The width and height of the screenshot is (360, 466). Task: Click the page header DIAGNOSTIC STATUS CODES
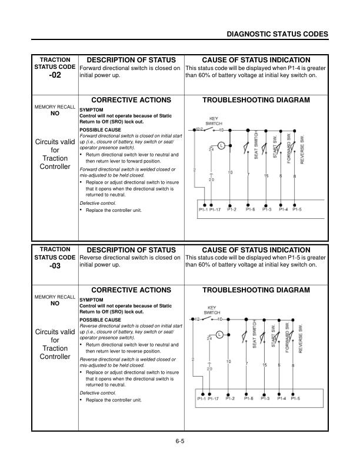[277, 35]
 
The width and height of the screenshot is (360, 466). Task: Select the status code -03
[55, 266]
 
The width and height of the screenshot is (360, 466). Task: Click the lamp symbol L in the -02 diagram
[221, 145]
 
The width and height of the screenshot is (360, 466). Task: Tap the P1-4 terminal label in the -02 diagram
[282, 209]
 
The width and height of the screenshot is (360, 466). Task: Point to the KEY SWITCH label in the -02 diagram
[214, 120]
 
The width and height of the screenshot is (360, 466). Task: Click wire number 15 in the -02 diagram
[266, 177]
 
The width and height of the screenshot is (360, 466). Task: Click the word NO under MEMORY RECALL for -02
[55, 114]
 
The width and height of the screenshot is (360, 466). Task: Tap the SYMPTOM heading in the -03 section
[91, 299]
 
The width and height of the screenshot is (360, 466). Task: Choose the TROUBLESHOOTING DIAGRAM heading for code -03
[256, 290]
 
